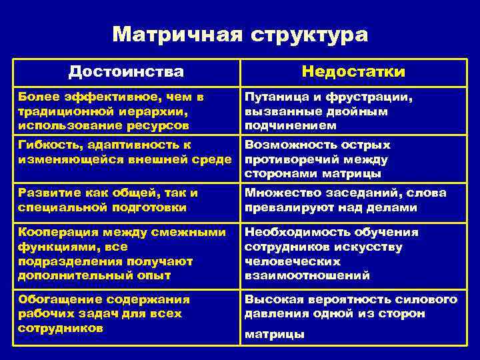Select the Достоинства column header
pos(126,72)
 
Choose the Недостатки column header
pos(353,72)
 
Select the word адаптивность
pos(133,145)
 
